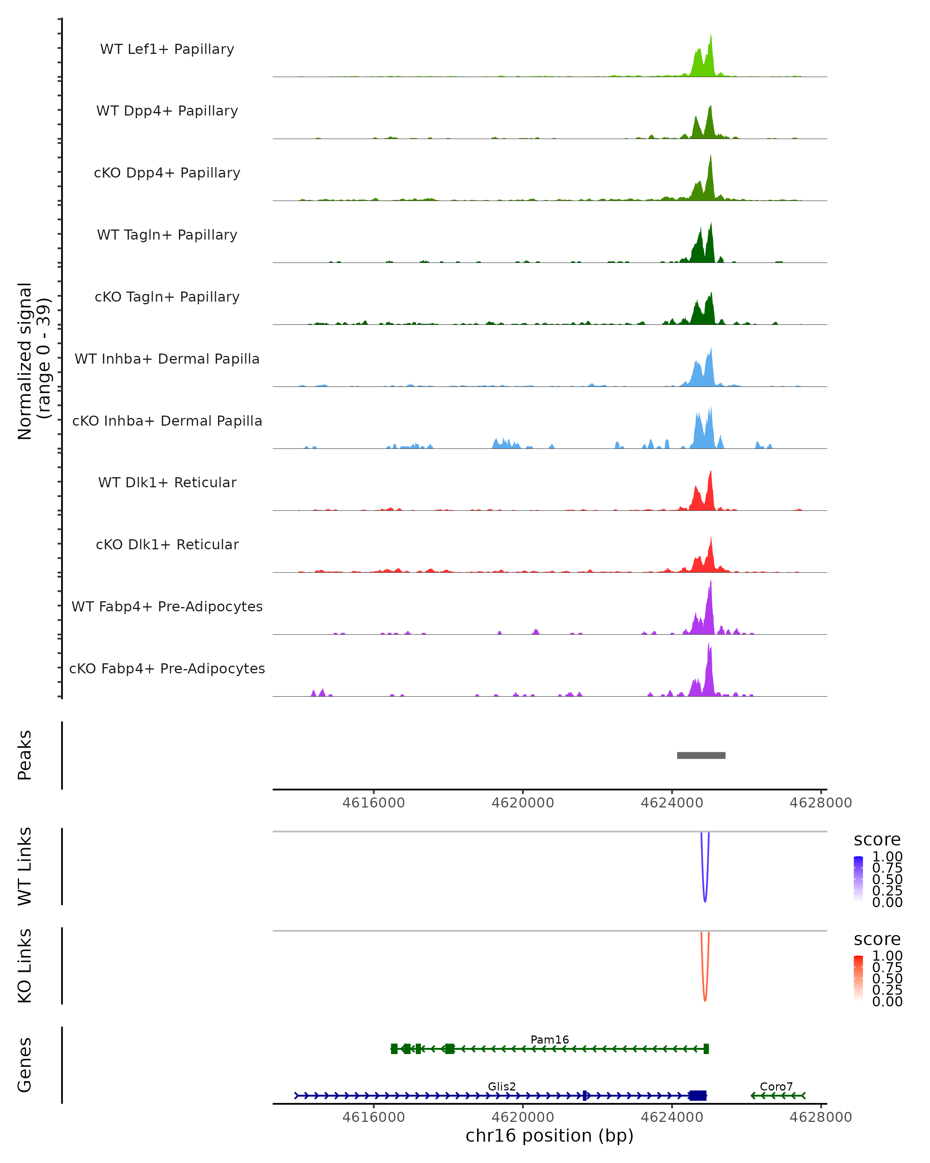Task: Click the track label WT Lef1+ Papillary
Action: (167, 49)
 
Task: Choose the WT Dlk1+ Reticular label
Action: (167, 482)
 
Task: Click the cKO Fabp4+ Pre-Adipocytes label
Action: (167, 668)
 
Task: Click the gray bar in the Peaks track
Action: (701, 755)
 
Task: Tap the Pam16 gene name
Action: (549, 1039)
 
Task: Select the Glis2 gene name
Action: (501, 1086)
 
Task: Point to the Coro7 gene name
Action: (776, 1086)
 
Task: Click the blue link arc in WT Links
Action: (704, 900)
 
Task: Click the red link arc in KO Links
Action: (704, 999)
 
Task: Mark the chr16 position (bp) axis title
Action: (549, 1135)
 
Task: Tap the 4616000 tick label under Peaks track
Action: (373, 803)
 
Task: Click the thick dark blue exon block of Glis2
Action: (697, 1096)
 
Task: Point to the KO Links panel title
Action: (25, 966)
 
